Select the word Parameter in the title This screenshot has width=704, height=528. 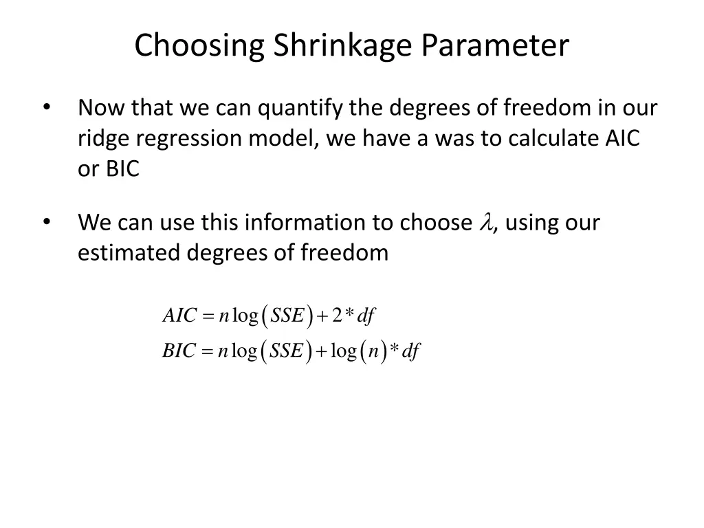496,46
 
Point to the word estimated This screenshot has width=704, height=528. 129,253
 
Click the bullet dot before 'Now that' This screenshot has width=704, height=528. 47,107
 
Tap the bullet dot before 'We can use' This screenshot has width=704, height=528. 47,221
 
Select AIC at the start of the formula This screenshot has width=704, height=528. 179,316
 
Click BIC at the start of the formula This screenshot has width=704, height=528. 179,351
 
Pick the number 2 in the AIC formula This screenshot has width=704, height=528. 337,316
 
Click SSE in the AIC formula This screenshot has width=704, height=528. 287,316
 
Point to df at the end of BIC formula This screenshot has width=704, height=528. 410,351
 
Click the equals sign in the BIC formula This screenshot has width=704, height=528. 208,352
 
